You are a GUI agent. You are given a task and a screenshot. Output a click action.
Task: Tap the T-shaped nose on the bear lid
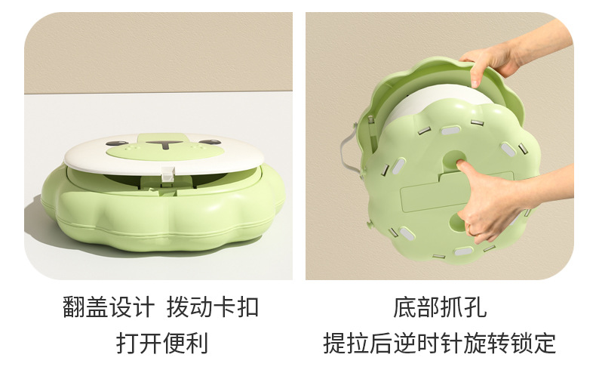click(x=164, y=144)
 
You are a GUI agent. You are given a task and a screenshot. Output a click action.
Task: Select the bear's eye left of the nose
click(x=115, y=143)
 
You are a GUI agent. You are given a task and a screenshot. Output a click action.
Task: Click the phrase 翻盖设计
click(x=109, y=307)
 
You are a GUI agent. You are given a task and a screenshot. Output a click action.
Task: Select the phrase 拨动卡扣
click(x=213, y=307)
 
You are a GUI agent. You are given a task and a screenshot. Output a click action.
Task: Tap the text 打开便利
click(x=162, y=343)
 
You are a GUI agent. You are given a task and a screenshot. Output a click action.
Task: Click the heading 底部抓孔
click(x=440, y=307)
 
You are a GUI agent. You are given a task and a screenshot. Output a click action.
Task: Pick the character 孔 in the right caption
click(x=475, y=307)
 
